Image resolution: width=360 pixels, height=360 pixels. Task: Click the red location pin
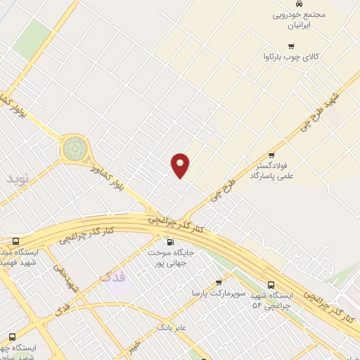pos(181,165)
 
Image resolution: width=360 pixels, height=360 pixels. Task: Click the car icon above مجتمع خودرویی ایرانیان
pos(299,4)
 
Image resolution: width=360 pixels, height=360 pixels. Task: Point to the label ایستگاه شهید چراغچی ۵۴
pos(271,300)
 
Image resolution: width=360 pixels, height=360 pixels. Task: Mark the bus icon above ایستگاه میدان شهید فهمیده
pos(6,241)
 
